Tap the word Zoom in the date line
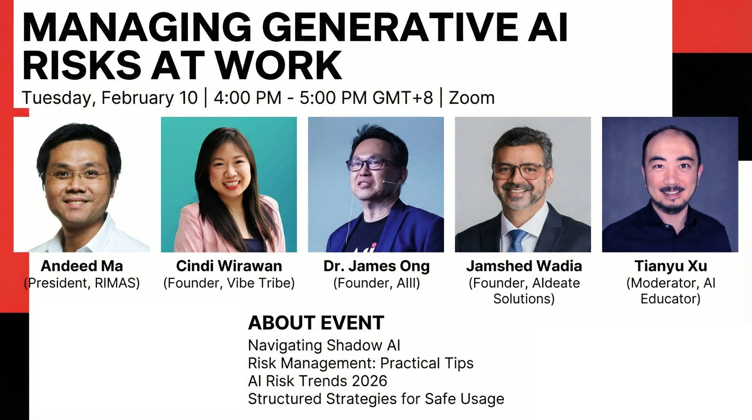pos(471,98)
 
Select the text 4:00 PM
pos(247,98)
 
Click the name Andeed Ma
pos(82,266)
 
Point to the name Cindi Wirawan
pos(229,266)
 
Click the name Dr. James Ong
pos(376,266)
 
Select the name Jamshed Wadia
pos(524,266)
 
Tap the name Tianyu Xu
pos(670,266)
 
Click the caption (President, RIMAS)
pos(82,283)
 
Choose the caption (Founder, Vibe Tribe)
pos(229,283)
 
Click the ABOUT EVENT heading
pos(316,323)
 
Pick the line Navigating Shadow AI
pos(324,345)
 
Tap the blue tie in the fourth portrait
pos(516,241)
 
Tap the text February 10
pos(149,98)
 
